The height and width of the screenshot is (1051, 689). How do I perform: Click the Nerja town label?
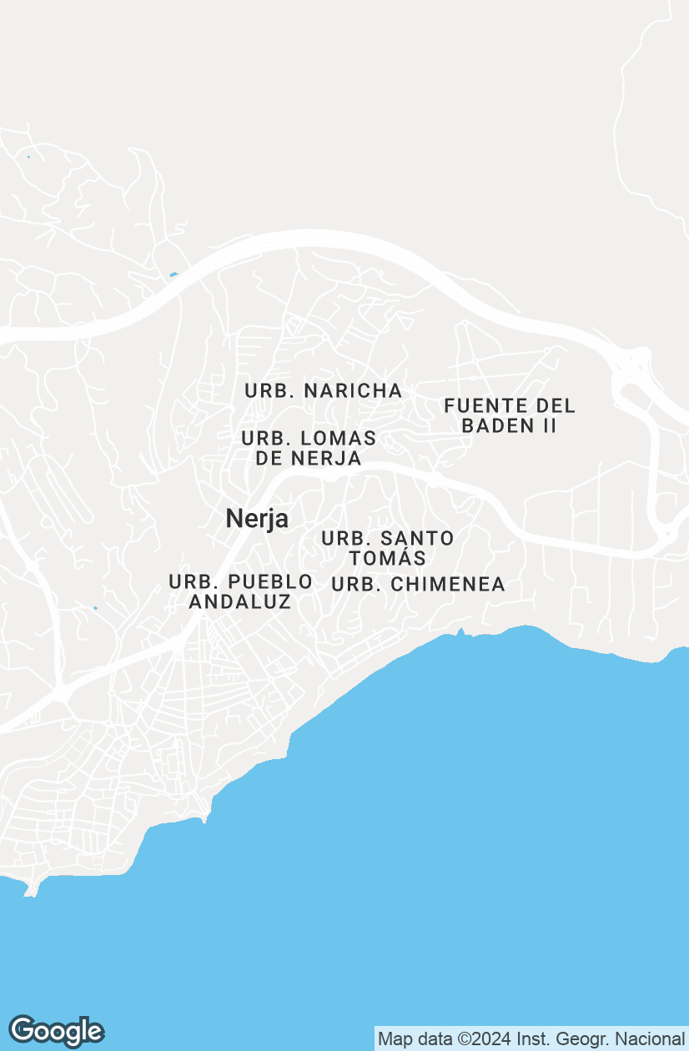(257, 519)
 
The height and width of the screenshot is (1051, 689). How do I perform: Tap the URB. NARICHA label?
(324, 390)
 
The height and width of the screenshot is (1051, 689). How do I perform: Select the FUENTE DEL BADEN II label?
(510, 415)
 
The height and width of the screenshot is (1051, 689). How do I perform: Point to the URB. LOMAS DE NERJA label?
(309, 448)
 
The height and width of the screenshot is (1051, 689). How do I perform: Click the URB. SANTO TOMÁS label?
(388, 548)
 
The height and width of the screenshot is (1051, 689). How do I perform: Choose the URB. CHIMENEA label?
(418, 585)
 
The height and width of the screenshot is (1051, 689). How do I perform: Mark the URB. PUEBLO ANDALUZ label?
(240, 591)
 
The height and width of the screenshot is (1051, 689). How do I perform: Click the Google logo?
(56, 1031)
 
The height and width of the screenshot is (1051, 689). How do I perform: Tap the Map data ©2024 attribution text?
(531, 1039)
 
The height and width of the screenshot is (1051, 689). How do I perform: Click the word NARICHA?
(353, 390)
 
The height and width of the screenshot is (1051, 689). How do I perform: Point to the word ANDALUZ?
(240, 601)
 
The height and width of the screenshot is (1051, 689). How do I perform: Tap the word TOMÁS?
(388, 558)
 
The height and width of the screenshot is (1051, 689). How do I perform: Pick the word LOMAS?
(338, 438)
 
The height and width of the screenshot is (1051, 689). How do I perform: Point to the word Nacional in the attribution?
(650, 1039)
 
